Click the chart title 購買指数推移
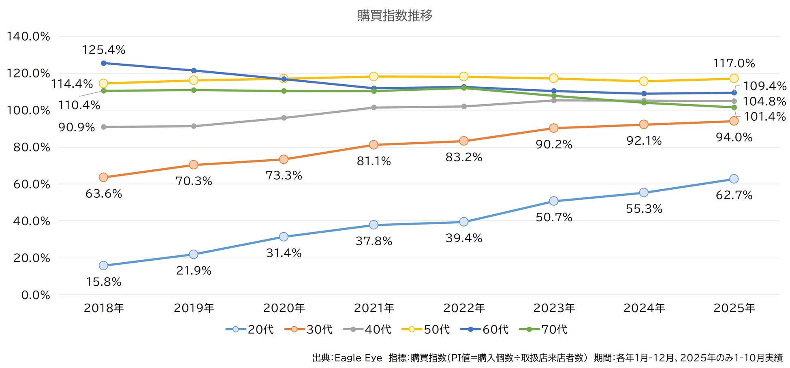tap(395, 16)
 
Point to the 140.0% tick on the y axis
tap(28, 36)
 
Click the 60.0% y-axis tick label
tap(32, 184)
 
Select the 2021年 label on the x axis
tap(374, 308)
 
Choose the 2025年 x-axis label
tap(734, 308)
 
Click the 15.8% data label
tap(104, 282)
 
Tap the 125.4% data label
tap(104, 50)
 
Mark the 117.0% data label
tap(734, 63)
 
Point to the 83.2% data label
tap(464, 157)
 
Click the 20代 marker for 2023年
tap(554, 201)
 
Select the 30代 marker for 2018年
tap(103, 178)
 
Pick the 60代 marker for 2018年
tap(103, 63)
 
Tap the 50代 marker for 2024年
tap(644, 81)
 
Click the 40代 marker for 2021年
tap(374, 107)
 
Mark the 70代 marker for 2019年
tap(194, 90)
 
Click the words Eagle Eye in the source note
tap(358, 358)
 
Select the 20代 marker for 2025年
tap(734, 179)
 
